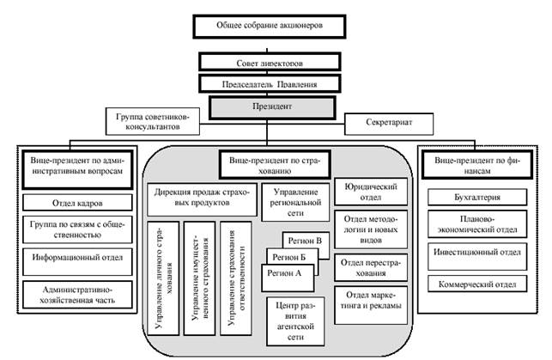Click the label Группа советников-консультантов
pos(154,119)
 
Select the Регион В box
pos(306,241)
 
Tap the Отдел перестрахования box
pos(367,267)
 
